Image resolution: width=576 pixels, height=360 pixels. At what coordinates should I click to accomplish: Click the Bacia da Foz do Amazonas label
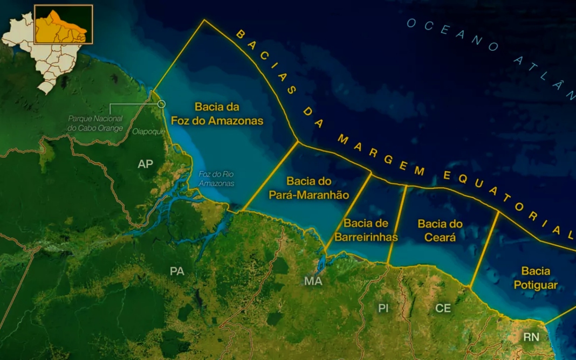217,114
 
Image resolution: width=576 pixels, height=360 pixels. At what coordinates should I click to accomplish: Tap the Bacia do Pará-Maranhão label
309,188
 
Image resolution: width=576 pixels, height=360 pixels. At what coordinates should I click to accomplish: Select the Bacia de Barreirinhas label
366,230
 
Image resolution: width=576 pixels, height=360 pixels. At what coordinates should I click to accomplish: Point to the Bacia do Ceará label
440,230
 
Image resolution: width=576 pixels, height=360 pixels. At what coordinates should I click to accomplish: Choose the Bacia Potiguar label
536,278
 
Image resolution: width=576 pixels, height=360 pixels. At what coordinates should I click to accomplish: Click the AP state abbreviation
146,164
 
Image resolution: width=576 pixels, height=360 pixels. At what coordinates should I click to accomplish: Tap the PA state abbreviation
177,271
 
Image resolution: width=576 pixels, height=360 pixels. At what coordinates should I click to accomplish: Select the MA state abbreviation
313,281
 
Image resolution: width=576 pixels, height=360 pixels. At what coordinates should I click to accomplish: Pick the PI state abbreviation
383,308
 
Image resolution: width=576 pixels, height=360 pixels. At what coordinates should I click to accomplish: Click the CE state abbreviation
443,308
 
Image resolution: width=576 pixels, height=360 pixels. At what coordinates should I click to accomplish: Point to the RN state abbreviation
531,337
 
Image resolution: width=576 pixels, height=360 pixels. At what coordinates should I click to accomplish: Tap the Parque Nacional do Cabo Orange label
95,123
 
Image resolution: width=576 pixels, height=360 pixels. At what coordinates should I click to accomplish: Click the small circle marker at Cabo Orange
161,104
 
